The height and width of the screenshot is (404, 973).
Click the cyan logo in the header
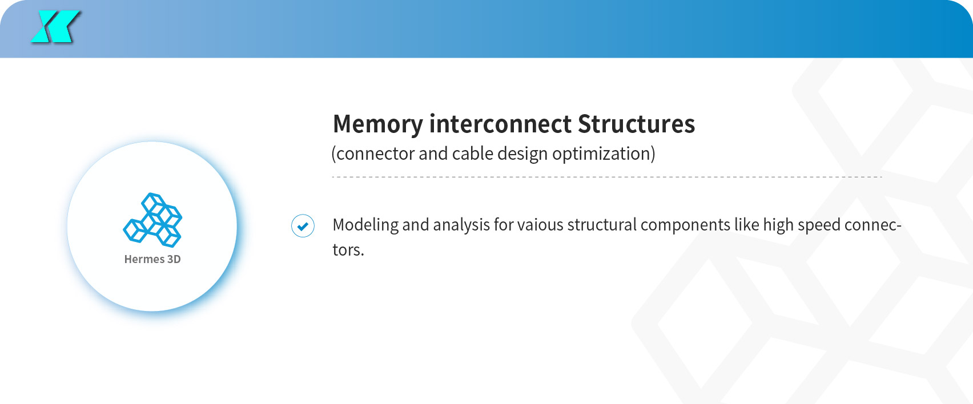coord(55,27)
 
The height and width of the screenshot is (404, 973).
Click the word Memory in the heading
coord(377,124)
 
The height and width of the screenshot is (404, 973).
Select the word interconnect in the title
coord(500,124)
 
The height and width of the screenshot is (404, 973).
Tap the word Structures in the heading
coord(636,124)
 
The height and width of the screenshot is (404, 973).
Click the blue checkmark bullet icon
coord(303,226)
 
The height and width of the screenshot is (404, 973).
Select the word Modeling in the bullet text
coord(365,225)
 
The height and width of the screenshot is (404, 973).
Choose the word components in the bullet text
coord(685,225)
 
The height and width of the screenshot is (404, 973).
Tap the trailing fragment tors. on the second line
coord(348,250)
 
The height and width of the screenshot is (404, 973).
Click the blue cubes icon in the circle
coord(152,219)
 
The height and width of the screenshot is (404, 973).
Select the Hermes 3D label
coord(152,259)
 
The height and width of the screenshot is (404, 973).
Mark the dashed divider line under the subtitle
coord(607,177)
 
